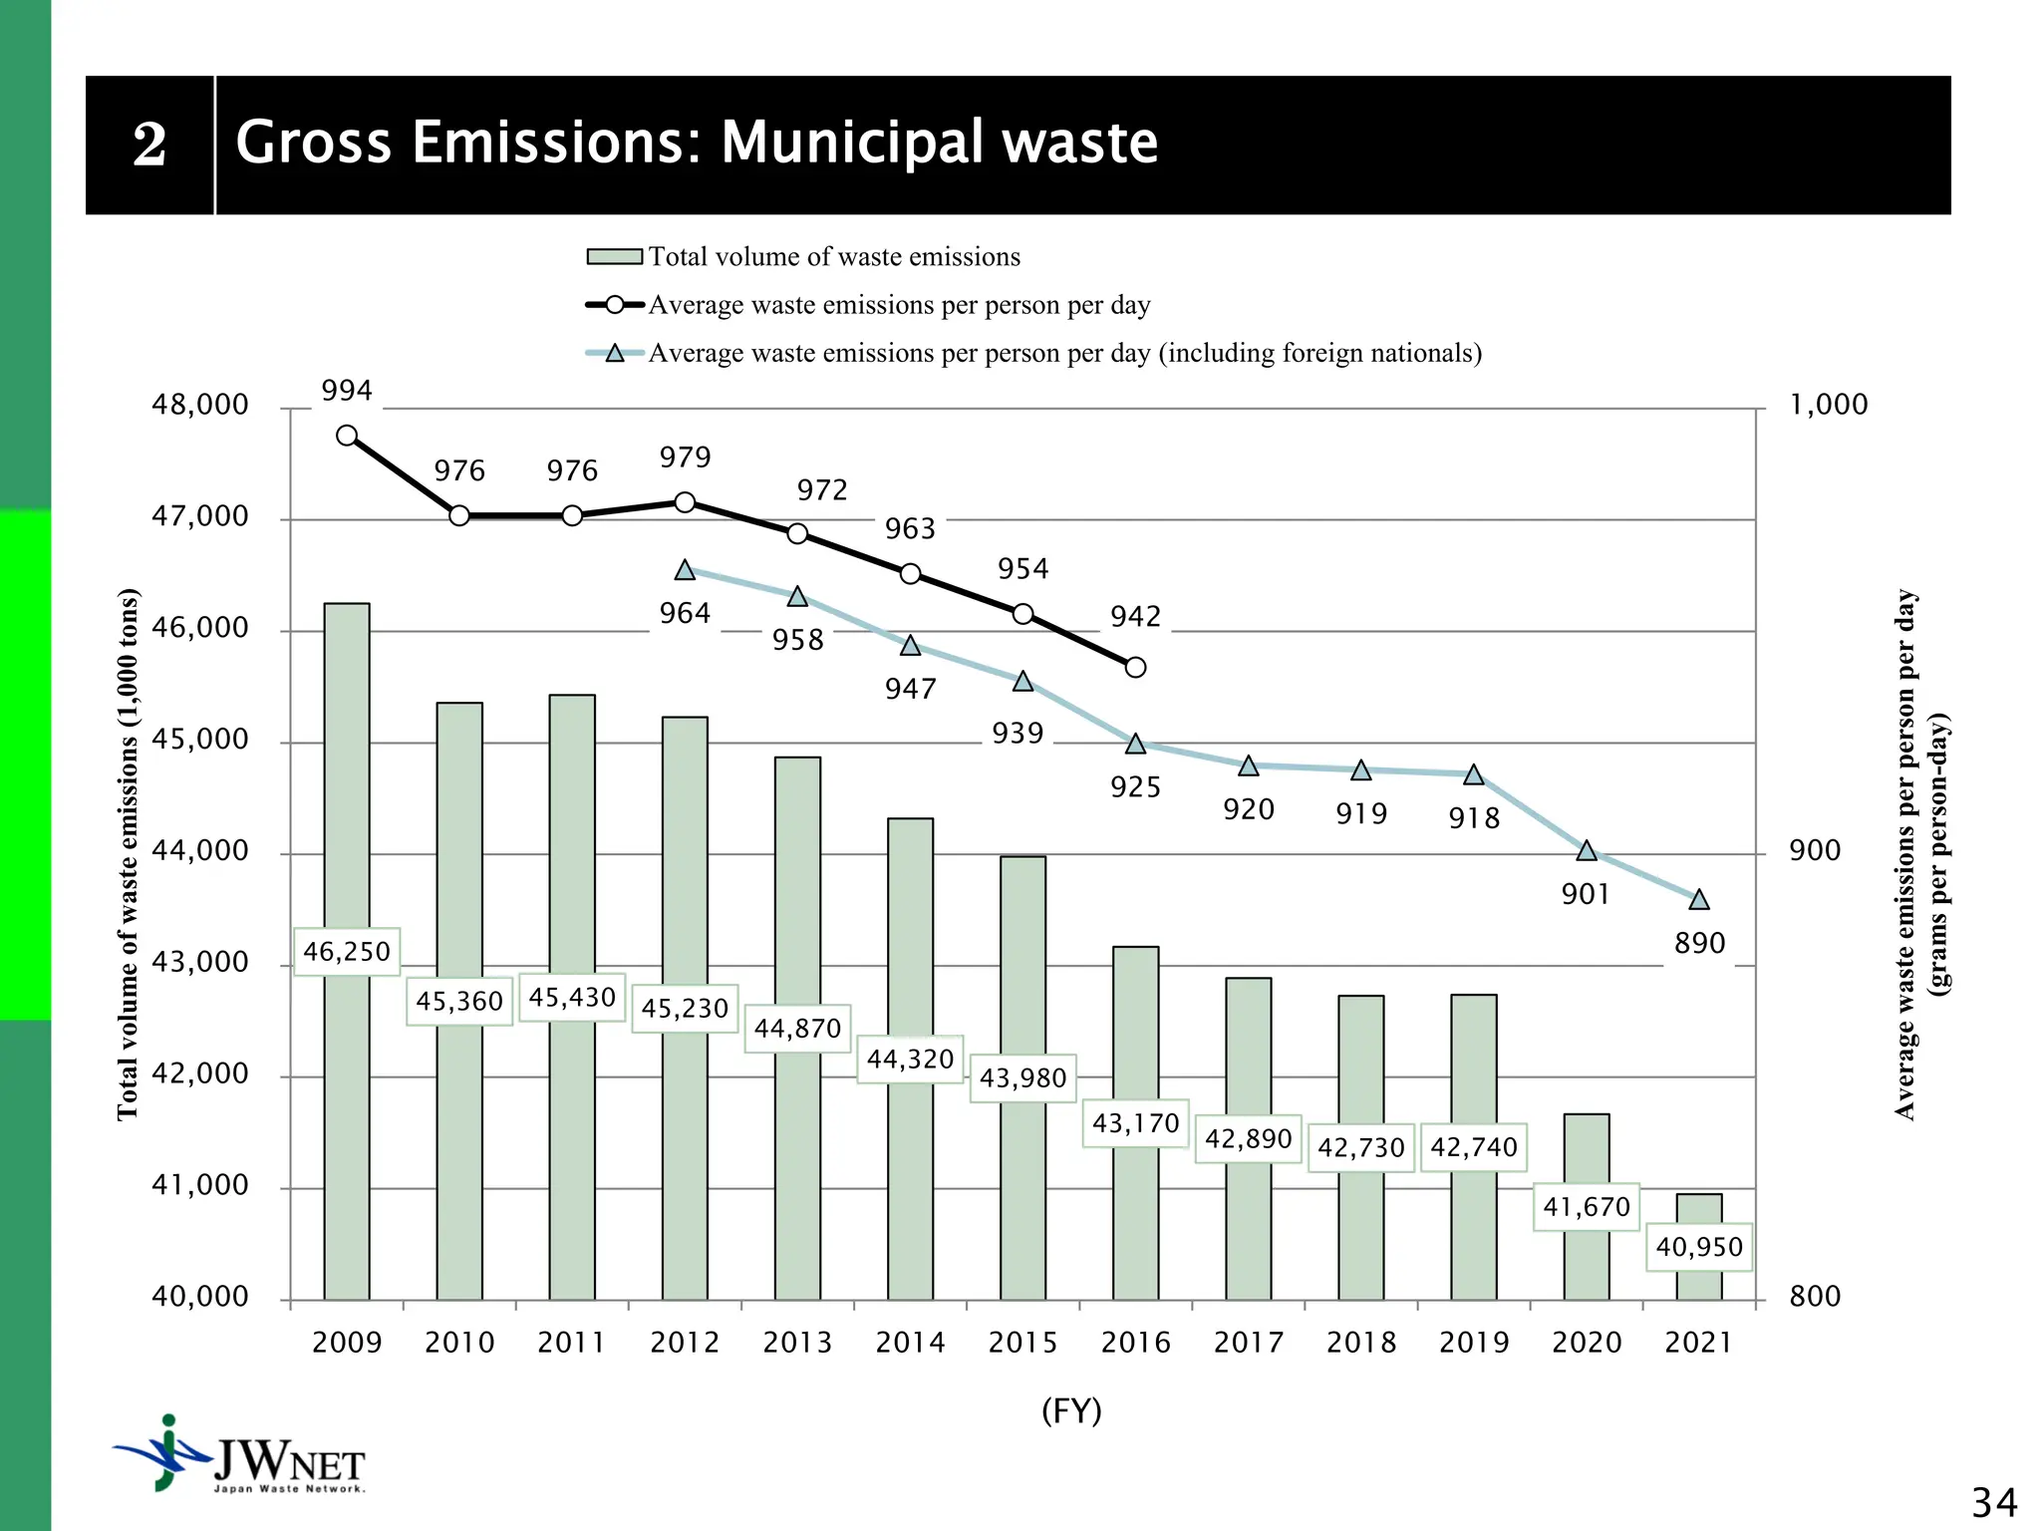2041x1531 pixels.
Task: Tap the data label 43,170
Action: [x=1135, y=1123]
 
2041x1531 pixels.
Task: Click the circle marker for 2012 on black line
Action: [x=685, y=502]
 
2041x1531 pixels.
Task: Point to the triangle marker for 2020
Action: [x=1587, y=851]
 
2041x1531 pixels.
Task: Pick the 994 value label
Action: [x=347, y=391]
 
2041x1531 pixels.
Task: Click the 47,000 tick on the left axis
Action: [x=199, y=516]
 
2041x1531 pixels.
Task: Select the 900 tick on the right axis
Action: [x=1814, y=851]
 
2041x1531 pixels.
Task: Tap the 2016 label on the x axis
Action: [x=1135, y=1343]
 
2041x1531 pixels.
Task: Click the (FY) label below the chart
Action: [x=1071, y=1411]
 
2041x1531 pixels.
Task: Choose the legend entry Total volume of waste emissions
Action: [x=834, y=257]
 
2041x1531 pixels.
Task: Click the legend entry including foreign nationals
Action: [x=1064, y=353]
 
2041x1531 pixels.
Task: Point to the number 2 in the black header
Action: [x=149, y=146]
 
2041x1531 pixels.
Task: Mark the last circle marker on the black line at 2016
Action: [x=1135, y=667]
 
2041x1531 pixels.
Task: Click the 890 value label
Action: [x=1699, y=943]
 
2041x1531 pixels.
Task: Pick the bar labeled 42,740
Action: [x=1474, y=1076]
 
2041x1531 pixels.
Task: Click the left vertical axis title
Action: [x=129, y=854]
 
